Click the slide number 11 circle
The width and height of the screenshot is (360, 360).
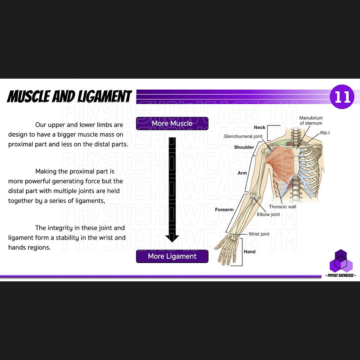coord(342,97)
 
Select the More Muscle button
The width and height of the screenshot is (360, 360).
coord(172,123)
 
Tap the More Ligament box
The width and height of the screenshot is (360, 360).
coord(172,256)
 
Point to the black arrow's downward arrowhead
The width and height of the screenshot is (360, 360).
coord(172,238)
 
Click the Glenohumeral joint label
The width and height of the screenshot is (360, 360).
coord(243,136)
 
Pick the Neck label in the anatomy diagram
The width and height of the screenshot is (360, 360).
coord(259,127)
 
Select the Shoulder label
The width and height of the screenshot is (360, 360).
coord(244,147)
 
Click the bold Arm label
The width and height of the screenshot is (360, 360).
coord(242,173)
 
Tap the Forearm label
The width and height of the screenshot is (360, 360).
coord(224,209)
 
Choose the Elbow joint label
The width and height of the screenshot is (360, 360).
coord(268,215)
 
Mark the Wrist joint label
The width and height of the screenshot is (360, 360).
coord(259,234)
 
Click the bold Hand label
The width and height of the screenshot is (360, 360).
coord(249,252)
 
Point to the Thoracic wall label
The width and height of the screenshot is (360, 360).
coord(282,206)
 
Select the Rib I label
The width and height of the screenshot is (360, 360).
coord(325,133)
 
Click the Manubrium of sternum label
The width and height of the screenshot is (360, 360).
coord(311,120)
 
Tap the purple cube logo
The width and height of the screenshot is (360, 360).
coord(341,261)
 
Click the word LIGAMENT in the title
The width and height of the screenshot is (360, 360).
coord(104,96)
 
